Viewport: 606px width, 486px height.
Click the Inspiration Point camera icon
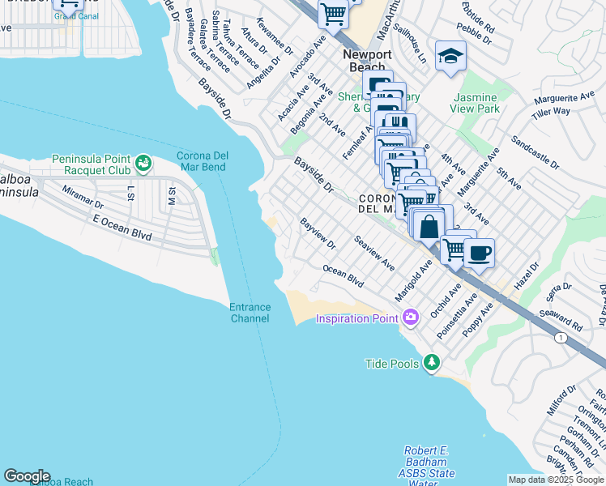click(x=410, y=316)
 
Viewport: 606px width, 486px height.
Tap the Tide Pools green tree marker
click(x=433, y=361)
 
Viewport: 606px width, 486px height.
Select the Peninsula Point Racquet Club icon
click(x=143, y=164)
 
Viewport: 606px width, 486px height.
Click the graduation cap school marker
click(x=450, y=56)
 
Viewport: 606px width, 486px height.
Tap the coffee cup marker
click(x=479, y=253)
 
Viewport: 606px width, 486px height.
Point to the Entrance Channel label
click(x=250, y=313)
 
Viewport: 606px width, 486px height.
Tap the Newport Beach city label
click(x=367, y=61)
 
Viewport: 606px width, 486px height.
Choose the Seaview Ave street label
click(x=374, y=253)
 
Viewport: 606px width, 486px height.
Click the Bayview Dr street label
click(x=318, y=233)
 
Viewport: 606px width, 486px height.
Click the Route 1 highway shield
click(x=560, y=336)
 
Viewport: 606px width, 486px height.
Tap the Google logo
click(x=26, y=476)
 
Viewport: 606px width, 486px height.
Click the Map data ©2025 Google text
click(x=556, y=480)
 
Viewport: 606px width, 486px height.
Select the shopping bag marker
click(x=429, y=225)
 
